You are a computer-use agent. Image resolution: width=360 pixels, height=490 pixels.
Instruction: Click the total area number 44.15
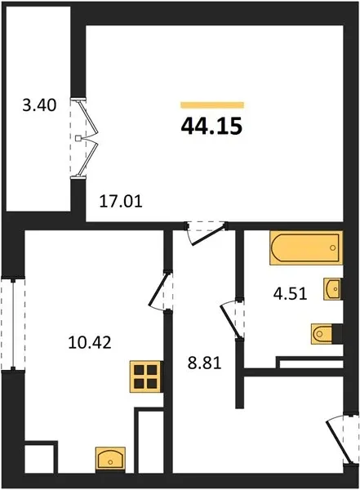(x=211, y=127)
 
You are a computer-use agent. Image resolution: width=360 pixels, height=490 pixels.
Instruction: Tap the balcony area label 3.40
(x=39, y=105)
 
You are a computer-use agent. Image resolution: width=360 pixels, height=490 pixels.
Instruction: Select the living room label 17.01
(x=121, y=201)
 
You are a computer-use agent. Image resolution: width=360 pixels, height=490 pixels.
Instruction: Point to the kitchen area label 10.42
(x=90, y=342)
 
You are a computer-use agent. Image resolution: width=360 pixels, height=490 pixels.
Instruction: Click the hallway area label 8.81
(x=204, y=363)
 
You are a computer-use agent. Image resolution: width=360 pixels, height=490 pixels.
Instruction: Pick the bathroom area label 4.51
(x=290, y=294)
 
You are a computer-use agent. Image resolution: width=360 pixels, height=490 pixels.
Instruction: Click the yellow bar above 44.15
(x=212, y=105)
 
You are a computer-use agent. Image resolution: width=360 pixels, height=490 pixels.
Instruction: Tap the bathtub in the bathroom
(x=306, y=247)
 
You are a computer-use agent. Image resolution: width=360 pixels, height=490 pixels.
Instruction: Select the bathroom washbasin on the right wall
(x=332, y=289)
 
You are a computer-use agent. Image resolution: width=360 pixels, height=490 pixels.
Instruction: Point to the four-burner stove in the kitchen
(x=146, y=376)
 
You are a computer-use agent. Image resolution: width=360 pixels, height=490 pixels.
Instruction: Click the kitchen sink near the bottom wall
(x=110, y=459)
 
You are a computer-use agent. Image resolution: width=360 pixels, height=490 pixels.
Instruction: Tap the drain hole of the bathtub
(x=333, y=247)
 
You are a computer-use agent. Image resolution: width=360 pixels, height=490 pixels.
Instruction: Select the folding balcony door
(x=84, y=138)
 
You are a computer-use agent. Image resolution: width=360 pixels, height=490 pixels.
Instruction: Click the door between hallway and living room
(x=207, y=233)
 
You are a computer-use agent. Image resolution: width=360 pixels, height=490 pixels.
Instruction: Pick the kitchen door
(x=161, y=291)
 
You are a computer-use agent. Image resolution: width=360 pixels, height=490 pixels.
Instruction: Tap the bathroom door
(x=233, y=318)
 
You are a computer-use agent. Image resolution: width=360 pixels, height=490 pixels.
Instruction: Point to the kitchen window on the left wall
(x=13, y=323)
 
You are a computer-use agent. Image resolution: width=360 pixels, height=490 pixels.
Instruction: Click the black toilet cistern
(x=337, y=334)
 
